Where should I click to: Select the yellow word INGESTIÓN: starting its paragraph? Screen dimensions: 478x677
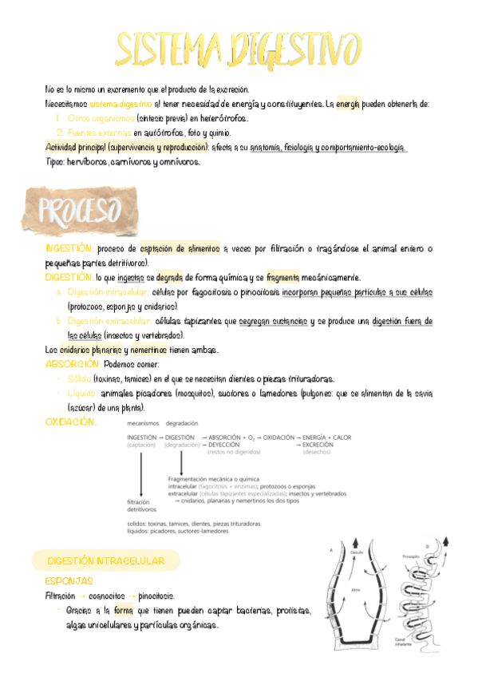click(x=69, y=249)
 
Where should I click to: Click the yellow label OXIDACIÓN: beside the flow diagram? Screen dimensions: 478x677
click(x=72, y=422)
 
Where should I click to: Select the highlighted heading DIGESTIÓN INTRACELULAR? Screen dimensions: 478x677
click(x=105, y=561)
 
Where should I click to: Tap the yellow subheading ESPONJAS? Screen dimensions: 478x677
click(x=69, y=581)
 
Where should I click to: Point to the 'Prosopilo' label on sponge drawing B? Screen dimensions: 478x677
click(x=412, y=556)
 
